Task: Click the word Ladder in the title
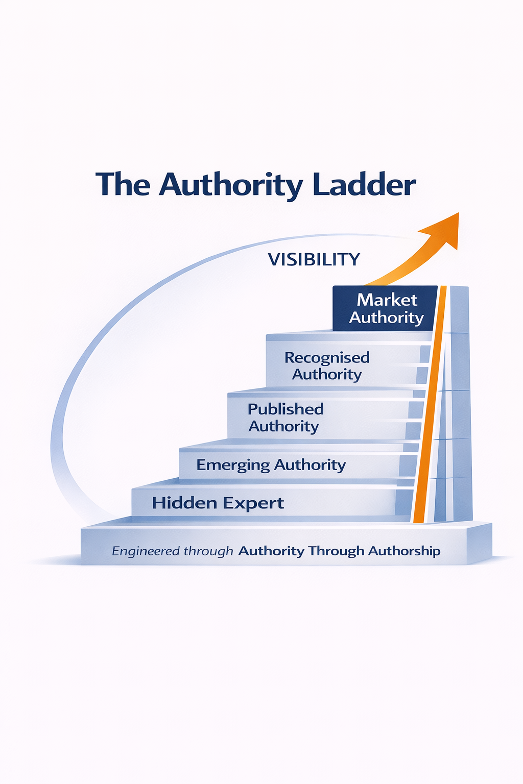(364, 185)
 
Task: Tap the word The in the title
(123, 185)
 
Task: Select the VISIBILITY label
(314, 259)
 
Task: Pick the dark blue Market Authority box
(385, 308)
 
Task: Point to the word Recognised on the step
(327, 357)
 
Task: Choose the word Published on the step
(286, 409)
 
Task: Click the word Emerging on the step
(233, 465)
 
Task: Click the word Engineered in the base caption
(146, 551)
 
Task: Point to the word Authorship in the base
(404, 551)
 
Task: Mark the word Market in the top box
(387, 300)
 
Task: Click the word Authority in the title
(231, 185)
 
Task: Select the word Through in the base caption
(336, 551)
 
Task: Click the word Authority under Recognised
(327, 375)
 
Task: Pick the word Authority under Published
(283, 426)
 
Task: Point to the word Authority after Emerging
(310, 465)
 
